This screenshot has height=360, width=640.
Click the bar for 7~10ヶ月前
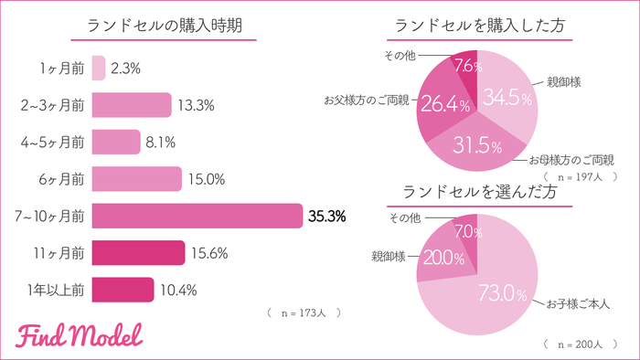(197, 217)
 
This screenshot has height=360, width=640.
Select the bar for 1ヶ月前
(99, 69)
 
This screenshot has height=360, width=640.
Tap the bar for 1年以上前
(123, 290)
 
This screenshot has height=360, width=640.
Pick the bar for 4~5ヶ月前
(116, 143)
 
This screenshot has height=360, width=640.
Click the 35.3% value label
(326, 217)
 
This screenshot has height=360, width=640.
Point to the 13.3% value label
(197, 106)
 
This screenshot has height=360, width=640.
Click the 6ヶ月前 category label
(63, 179)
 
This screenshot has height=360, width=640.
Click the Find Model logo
(80, 335)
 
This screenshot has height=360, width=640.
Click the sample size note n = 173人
(304, 312)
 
